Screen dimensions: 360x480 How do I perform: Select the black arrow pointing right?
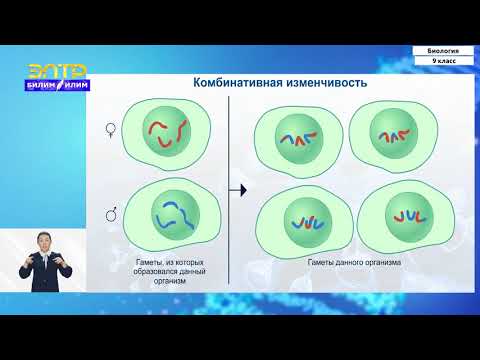tap(238, 188)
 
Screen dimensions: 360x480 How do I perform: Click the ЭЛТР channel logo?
tap(57, 71)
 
